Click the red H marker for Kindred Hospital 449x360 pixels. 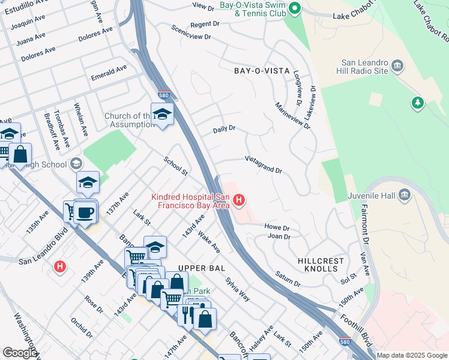click(x=240, y=200)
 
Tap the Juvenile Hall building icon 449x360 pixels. click(x=404, y=194)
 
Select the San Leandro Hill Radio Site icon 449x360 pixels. click(x=397, y=65)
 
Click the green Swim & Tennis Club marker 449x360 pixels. click(x=294, y=8)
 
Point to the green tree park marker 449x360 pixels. click(x=418, y=103)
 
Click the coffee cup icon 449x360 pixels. click(x=85, y=212)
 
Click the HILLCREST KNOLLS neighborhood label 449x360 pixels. click(x=321, y=265)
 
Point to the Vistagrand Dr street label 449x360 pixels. click(x=263, y=166)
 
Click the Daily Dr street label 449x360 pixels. click(x=224, y=129)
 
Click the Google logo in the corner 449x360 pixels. click(x=19, y=352)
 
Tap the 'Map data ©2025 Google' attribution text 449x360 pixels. click(x=412, y=355)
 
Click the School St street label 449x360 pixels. click(x=176, y=166)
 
